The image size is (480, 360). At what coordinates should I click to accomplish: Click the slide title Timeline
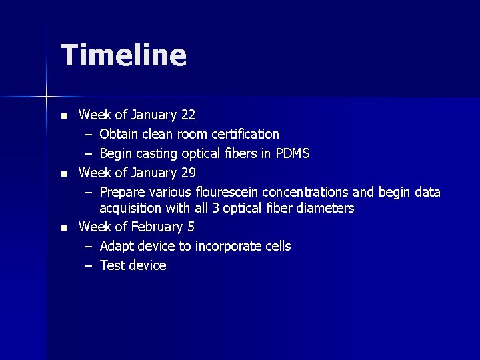click(x=123, y=55)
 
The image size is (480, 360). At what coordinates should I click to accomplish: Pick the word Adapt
click(x=117, y=246)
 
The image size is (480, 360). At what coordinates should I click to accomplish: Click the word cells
click(x=278, y=246)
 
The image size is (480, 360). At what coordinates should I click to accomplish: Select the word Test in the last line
click(x=112, y=265)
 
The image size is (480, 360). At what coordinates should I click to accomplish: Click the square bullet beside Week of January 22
click(x=64, y=116)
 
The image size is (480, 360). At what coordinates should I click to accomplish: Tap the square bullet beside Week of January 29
click(x=64, y=174)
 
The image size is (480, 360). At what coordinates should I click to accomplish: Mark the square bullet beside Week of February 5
click(x=64, y=228)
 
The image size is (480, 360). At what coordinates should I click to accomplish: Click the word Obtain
click(x=119, y=135)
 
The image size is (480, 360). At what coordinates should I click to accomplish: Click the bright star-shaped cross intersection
click(x=47, y=97)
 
